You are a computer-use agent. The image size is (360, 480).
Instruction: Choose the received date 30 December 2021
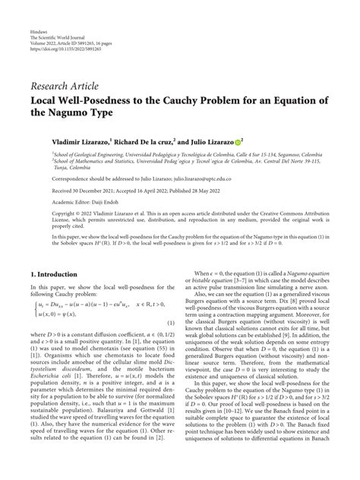83,191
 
